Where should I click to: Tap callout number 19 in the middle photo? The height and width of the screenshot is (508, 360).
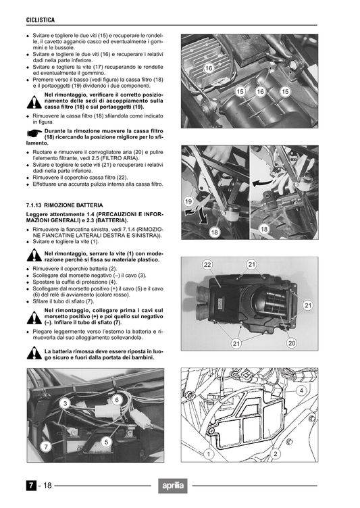click(x=188, y=201)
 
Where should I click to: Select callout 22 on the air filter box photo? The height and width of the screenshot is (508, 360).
click(x=208, y=264)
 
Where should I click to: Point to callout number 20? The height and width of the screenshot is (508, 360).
click(x=292, y=343)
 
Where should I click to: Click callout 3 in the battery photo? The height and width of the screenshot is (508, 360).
click(x=65, y=403)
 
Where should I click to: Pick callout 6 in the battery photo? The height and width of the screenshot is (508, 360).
click(x=117, y=400)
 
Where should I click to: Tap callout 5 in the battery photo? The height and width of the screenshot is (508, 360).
click(x=106, y=441)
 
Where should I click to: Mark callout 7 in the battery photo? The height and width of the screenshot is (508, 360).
click(x=45, y=447)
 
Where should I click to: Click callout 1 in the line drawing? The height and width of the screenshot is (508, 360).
click(x=209, y=455)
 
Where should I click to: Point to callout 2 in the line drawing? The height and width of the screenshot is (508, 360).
click(x=276, y=454)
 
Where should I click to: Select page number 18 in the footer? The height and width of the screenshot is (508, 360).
click(x=49, y=486)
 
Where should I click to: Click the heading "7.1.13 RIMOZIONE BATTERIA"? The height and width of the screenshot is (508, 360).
click(x=64, y=204)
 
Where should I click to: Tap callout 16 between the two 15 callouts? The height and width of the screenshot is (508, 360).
click(x=261, y=91)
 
